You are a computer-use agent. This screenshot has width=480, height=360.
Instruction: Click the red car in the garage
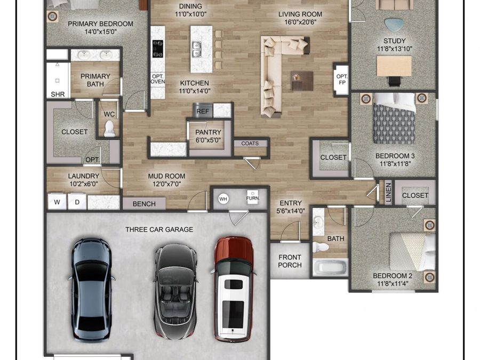[x=233, y=288]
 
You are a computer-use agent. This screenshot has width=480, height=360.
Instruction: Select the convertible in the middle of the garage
[x=175, y=291]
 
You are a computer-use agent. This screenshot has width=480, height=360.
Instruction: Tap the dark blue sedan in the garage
[x=91, y=288]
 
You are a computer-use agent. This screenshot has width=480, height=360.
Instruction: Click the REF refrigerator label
[x=203, y=111]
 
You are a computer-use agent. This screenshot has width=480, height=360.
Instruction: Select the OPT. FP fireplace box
[x=341, y=79]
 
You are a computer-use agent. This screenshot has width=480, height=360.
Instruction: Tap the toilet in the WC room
[x=110, y=128]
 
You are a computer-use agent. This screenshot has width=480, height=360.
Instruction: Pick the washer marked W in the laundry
[x=57, y=202]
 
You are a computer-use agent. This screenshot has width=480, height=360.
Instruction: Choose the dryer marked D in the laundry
[x=77, y=202]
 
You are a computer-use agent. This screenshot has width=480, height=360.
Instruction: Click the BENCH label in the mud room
[x=144, y=204]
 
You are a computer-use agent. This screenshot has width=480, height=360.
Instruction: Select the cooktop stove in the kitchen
[x=157, y=49]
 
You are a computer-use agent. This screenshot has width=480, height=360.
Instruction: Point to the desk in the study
[x=394, y=66]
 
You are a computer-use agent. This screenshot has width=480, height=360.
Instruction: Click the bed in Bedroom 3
[x=394, y=118]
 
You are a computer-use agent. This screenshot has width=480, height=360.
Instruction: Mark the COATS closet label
[x=250, y=143]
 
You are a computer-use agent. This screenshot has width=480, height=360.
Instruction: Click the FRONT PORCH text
[x=290, y=261]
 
